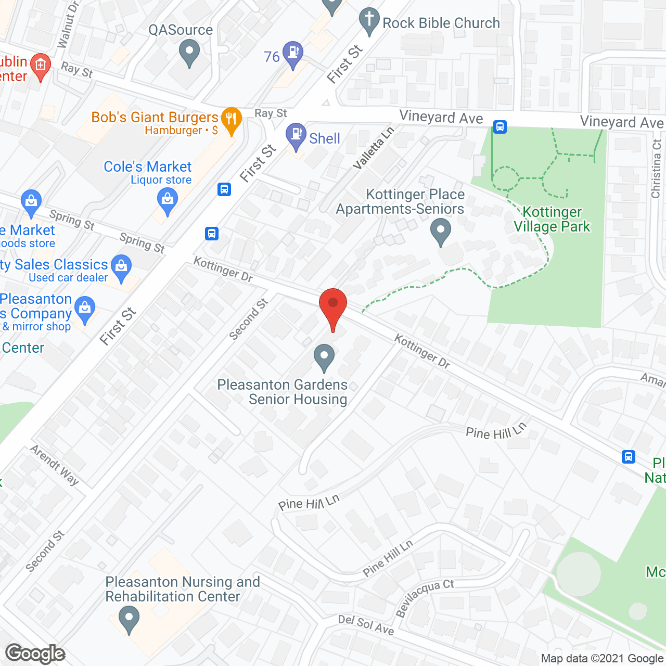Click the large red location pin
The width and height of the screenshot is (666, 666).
coord(332,307)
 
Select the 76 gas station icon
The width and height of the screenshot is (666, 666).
coord(293,54)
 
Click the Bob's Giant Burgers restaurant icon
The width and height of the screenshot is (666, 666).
coord(231,121)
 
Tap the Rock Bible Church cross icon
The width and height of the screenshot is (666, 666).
coord(369,21)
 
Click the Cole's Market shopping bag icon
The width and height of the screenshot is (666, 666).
coord(167,201)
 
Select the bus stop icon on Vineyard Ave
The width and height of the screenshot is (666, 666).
coord(500,126)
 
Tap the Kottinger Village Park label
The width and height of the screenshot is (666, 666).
coord(552,219)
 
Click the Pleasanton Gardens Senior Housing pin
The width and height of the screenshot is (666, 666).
coord(324,357)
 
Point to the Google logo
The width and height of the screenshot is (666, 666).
coord(35,654)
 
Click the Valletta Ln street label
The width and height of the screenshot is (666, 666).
coord(373,148)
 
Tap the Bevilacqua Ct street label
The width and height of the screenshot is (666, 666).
coord(424,598)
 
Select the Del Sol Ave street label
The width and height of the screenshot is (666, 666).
coord(366,624)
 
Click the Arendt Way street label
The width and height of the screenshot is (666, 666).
coord(55,465)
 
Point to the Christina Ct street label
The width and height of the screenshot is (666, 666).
coord(656,169)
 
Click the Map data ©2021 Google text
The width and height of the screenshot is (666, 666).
coord(602,658)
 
